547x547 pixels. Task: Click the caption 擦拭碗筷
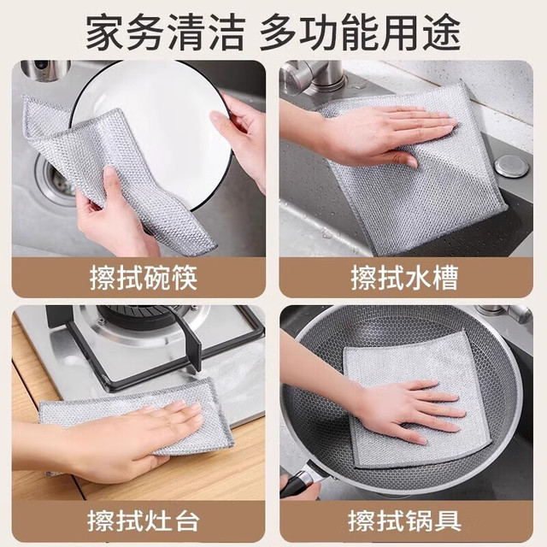click(144, 278)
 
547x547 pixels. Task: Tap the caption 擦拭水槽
click(404, 278)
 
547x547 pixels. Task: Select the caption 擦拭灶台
click(144, 521)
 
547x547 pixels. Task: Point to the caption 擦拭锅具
click(404, 521)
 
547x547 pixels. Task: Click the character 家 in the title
click(104, 32)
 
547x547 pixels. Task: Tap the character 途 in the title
click(442, 32)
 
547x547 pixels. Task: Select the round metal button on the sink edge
click(512, 167)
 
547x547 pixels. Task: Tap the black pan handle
click(299, 480)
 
